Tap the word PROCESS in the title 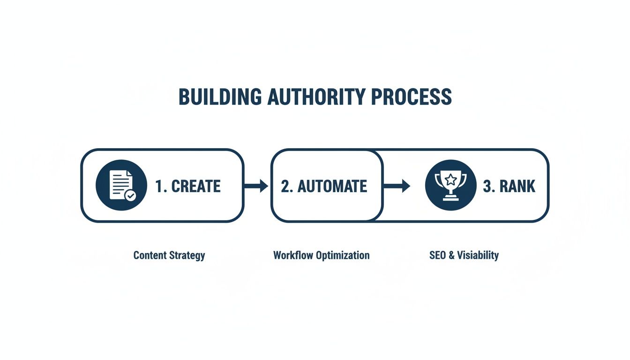click(x=411, y=97)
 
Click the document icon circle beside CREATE click(x=121, y=186)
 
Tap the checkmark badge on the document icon click(x=130, y=195)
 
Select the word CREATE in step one click(x=195, y=186)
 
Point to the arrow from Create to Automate click(x=256, y=186)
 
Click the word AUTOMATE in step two click(x=332, y=186)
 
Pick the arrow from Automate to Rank click(x=397, y=186)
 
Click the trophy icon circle click(x=450, y=186)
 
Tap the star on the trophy click(x=450, y=179)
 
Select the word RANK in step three click(x=517, y=186)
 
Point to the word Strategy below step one click(x=187, y=256)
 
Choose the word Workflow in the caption click(x=293, y=255)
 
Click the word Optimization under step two click(x=343, y=256)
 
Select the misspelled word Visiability click(x=478, y=255)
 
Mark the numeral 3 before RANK click(x=487, y=186)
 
